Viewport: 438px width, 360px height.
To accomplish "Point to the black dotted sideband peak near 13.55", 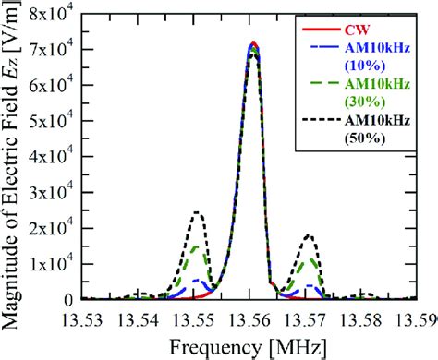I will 197,212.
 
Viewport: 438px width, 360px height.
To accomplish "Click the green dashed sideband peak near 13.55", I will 196,246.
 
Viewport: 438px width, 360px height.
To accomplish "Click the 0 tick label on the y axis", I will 71,299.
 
